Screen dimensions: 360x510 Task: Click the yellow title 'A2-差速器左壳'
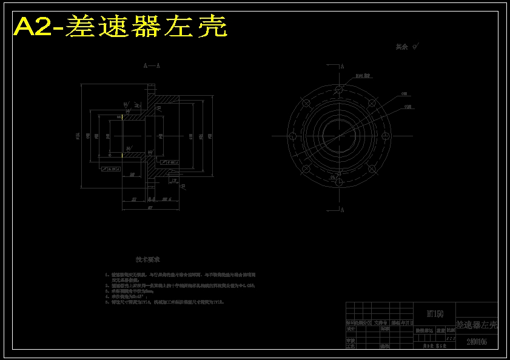(x=121, y=27)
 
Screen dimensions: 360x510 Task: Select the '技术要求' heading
(x=148, y=259)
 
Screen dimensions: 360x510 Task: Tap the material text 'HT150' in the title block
(x=435, y=314)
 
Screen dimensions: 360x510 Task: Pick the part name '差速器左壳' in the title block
(x=476, y=325)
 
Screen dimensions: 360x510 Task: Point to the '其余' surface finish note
(x=403, y=47)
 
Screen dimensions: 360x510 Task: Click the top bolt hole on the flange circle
(x=338, y=89)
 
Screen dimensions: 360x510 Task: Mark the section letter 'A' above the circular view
(x=342, y=66)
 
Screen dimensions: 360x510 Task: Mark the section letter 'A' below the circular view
(x=342, y=210)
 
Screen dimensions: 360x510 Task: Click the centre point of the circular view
(x=338, y=136)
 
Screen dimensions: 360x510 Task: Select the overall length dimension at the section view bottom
(x=150, y=207)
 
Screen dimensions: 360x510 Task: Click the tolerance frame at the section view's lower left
(x=110, y=169)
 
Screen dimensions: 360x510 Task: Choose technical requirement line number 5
(x=164, y=301)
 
